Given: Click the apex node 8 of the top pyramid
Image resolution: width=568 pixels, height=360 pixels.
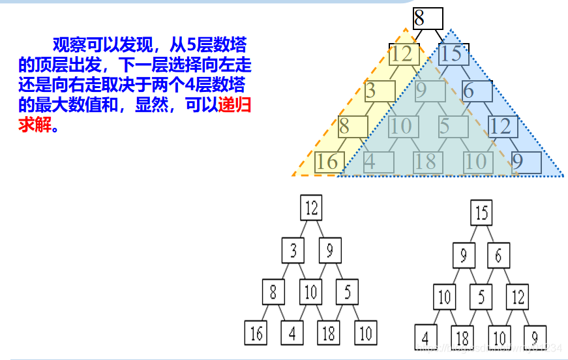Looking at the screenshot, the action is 427,18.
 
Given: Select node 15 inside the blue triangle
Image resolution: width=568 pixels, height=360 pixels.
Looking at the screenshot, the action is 451,53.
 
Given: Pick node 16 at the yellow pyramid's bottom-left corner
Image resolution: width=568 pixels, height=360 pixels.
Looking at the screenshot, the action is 328,162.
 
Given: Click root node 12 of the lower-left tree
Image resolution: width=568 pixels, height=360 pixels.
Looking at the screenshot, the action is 312,208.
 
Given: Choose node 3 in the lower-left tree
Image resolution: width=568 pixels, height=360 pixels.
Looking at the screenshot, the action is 293,250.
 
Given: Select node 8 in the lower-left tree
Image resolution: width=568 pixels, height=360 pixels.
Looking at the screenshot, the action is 273,292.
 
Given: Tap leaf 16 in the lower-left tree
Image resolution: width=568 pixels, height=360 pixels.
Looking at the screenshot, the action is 256,333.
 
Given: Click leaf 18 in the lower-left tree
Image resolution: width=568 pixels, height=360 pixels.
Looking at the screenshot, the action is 329,333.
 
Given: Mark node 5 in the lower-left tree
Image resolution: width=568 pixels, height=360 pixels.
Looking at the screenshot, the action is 348,292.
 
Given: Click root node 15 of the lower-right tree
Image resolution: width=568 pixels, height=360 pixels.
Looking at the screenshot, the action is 481,213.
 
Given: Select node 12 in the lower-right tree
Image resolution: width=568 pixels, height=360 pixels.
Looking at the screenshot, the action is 518,297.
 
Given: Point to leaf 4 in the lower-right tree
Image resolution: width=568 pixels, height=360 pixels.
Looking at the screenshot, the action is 426,338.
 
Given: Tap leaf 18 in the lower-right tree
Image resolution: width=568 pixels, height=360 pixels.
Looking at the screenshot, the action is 462,338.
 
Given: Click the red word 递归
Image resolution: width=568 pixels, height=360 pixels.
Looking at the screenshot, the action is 235,104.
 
